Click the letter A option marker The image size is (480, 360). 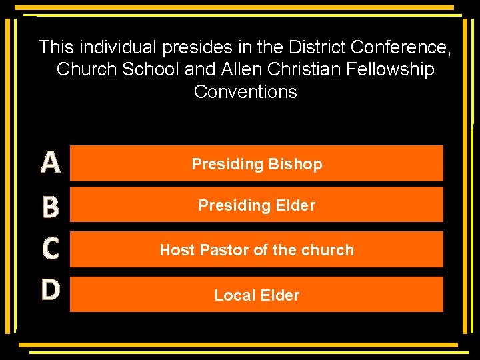coord(51,163)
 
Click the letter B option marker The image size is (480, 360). coord(51,207)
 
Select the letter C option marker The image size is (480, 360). coord(51,249)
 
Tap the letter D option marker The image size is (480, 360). coord(51,289)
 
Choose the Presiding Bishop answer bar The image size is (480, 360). coord(257,163)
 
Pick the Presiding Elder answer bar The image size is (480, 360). coord(257,205)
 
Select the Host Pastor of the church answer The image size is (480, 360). coord(257,249)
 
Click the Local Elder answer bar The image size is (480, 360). coord(257,295)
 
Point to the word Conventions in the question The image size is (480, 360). coord(245,91)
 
